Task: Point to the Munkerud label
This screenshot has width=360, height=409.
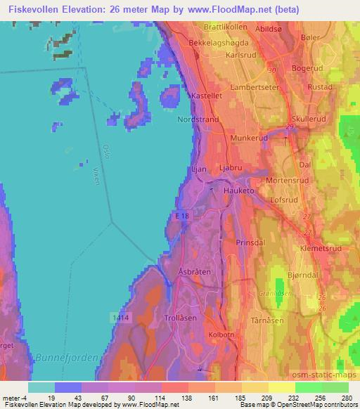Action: (245, 139)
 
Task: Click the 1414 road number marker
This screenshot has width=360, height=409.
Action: (120, 318)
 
